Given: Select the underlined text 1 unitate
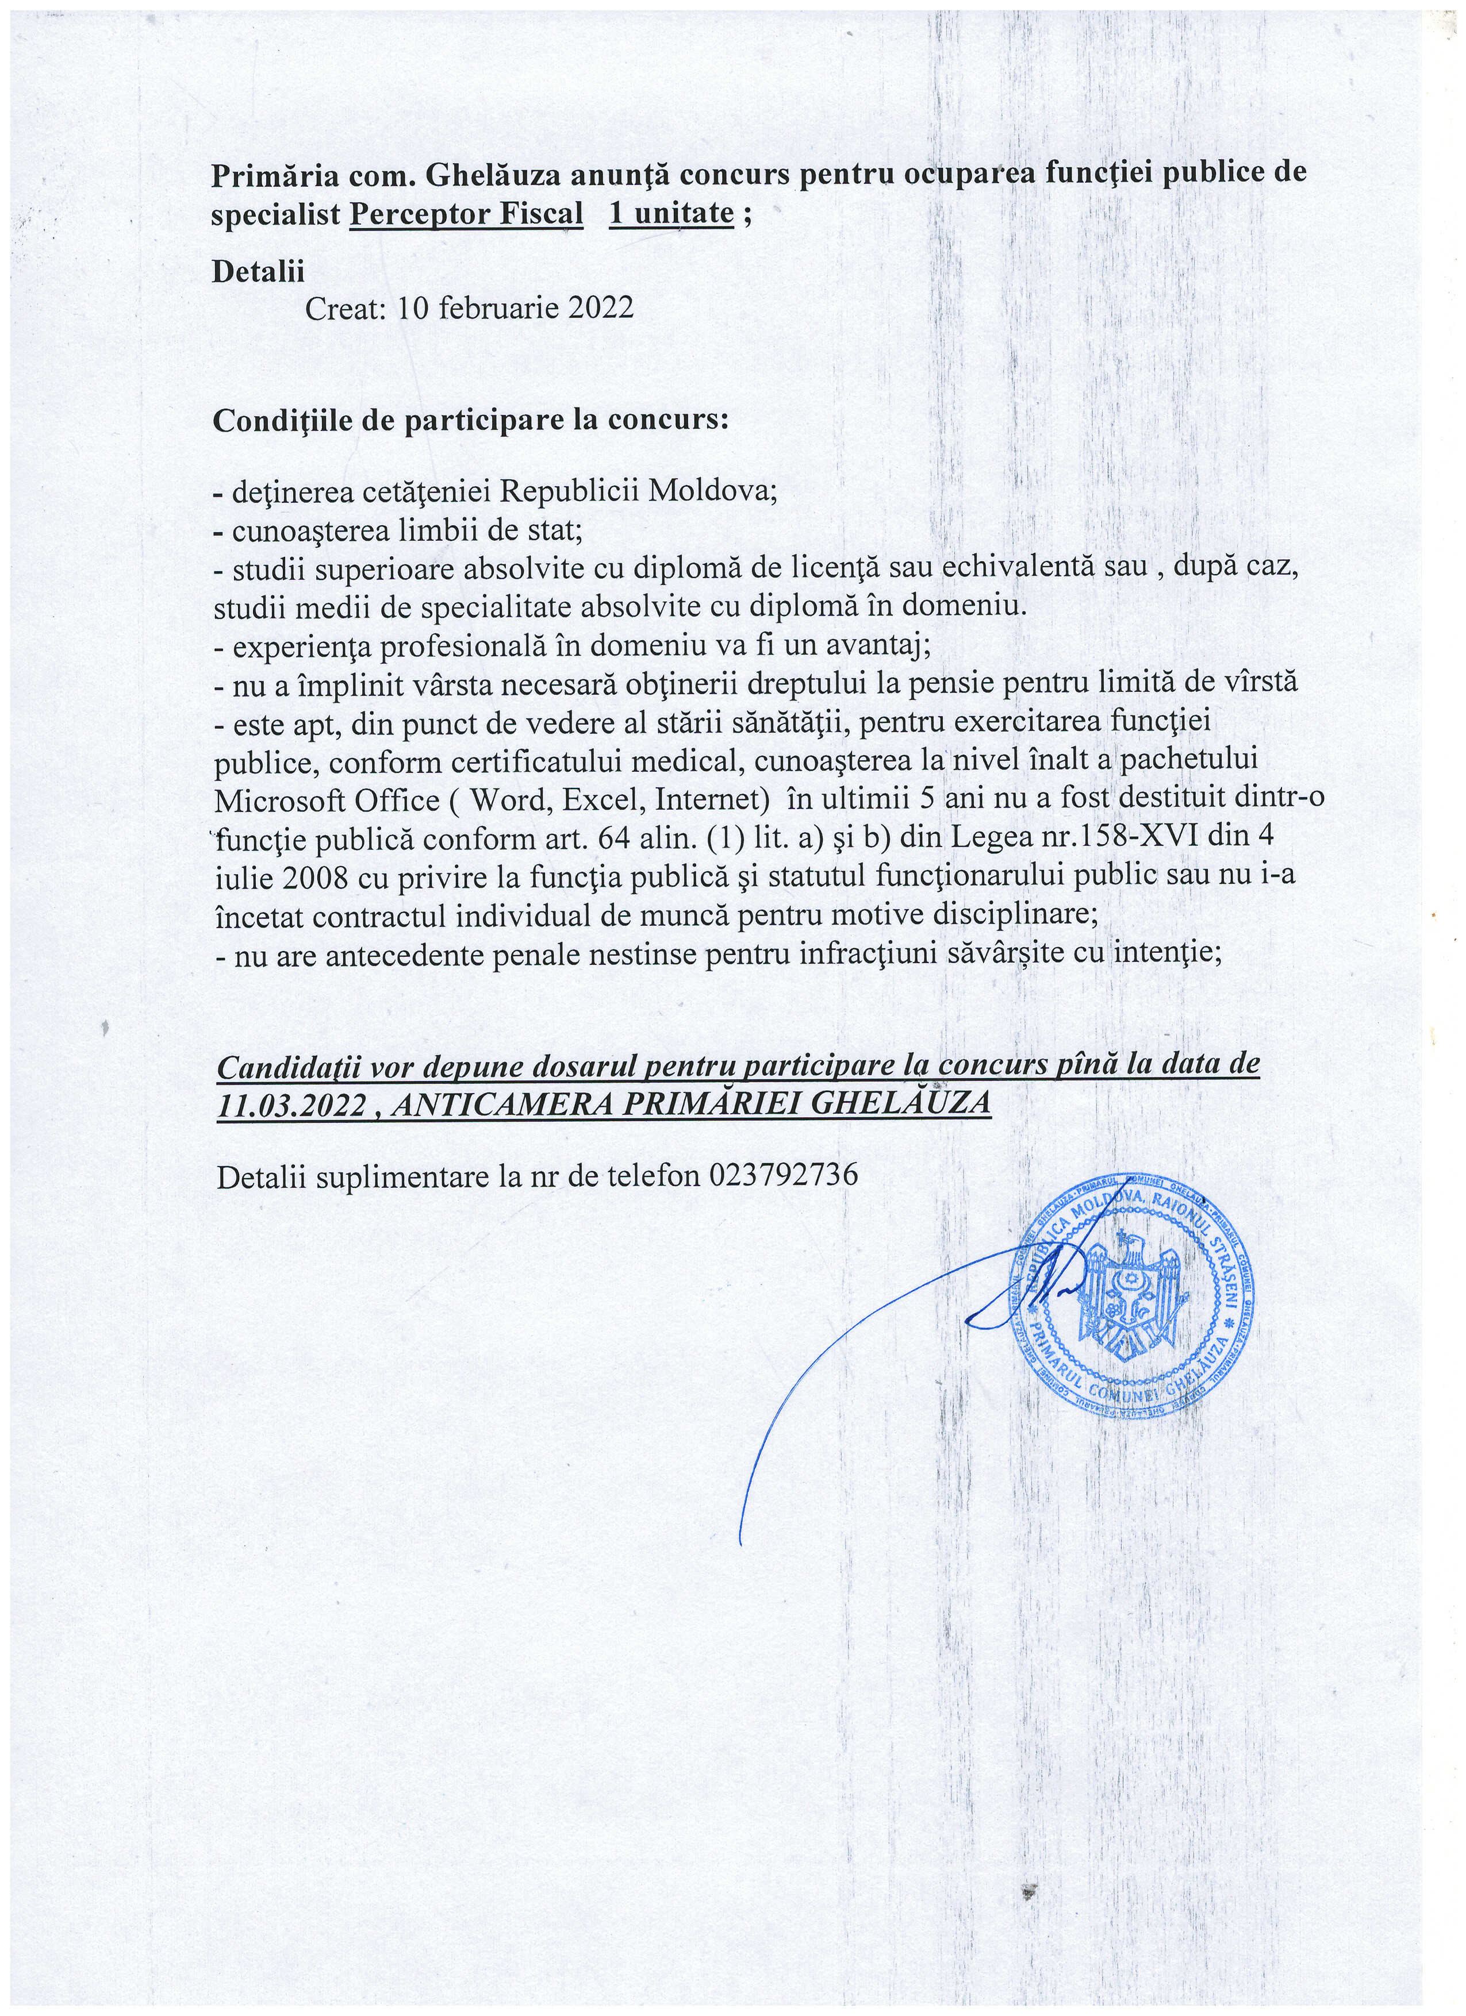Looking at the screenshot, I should pos(671,214).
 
